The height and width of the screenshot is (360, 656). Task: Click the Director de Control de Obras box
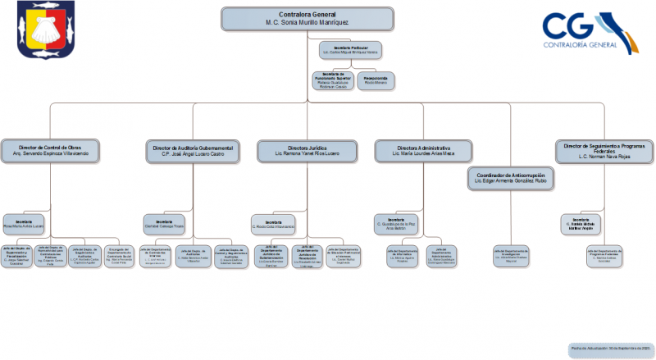[x=51, y=151]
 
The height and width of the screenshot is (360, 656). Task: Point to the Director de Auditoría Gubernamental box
[x=194, y=151]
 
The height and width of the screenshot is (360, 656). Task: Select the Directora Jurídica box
[x=307, y=151]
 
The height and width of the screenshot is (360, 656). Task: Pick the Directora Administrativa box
[x=423, y=151]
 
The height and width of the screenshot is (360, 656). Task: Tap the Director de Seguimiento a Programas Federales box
[x=604, y=151]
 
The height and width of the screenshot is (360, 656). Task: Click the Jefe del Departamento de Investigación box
[x=510, y=256]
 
